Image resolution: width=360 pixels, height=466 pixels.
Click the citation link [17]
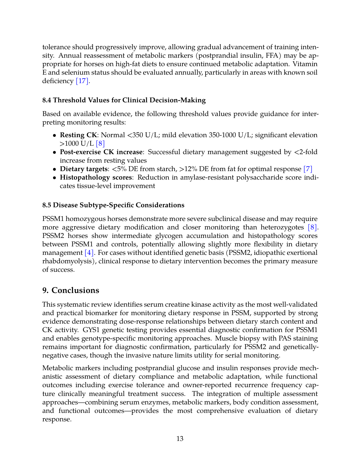pos(82,81)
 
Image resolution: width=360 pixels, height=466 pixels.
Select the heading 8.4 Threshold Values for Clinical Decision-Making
pos(124,100)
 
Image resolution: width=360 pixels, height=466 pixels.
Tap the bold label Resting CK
pos(78,135)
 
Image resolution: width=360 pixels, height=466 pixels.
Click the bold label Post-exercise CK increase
pos(101,152)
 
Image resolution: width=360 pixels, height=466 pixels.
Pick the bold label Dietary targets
pos(84,169)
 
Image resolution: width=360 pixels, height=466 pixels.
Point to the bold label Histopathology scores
pos(96,177)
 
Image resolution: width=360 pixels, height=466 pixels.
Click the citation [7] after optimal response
pos(308,169)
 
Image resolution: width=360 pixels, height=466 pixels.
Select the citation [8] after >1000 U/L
pos(100,143)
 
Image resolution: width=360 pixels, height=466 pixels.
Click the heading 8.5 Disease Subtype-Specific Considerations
pos(113,205)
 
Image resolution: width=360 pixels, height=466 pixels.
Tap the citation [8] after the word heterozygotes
pos(312,227)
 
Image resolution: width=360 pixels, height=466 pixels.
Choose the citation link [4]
pos(89,253)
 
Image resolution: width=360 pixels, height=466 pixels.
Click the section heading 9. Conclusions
pos(71,290)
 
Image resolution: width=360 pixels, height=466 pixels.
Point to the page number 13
pos(180,439)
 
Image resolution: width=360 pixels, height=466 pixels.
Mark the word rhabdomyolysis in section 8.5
pos(67,261)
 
